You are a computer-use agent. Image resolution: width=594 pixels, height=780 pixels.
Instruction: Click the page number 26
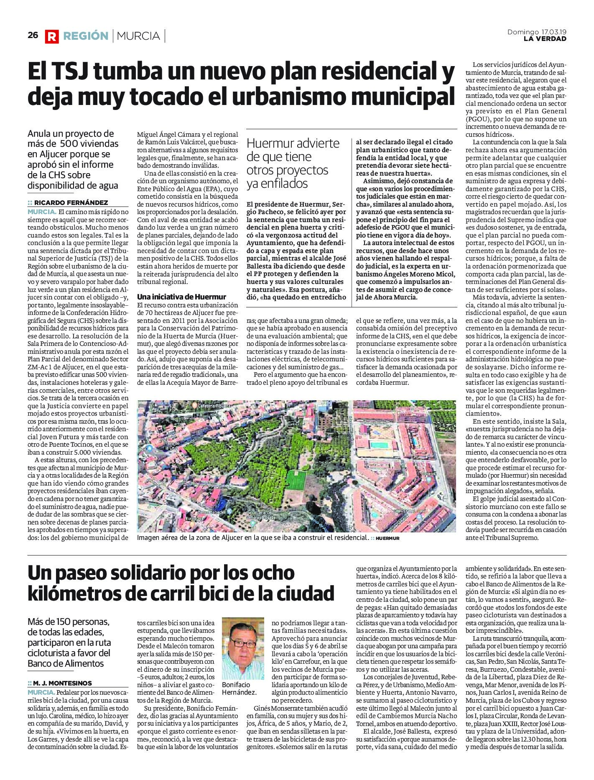pos(33,36)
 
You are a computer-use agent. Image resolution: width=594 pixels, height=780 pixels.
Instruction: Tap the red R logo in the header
pos(52,36)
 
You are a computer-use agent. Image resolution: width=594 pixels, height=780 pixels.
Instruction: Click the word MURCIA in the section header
pos(138,36)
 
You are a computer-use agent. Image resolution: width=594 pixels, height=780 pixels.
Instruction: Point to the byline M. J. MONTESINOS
pos(63,683)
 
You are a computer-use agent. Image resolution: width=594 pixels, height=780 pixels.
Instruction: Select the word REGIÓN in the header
pos(86,36)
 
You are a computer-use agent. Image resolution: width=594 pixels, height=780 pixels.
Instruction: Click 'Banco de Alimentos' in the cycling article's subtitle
pos(65,663)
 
